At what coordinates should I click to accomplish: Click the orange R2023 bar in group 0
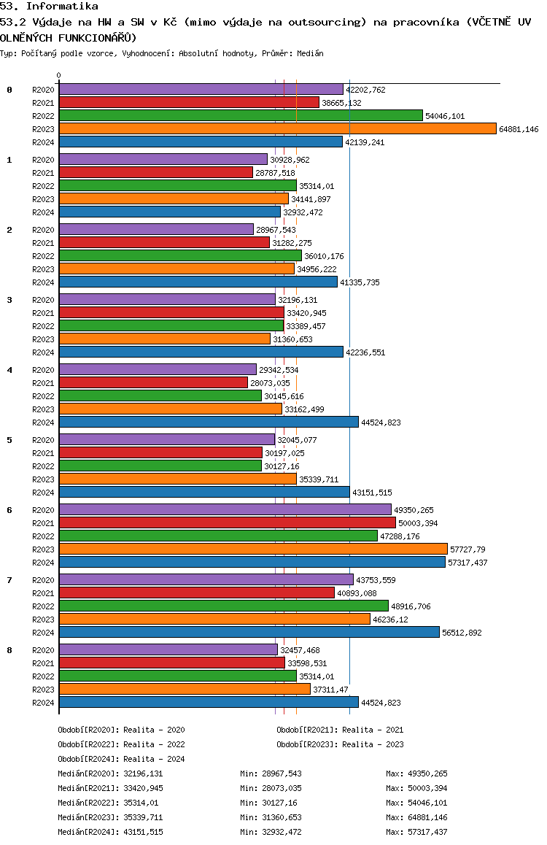tap(278, 129)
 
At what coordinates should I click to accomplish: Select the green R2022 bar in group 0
tap(241, 116)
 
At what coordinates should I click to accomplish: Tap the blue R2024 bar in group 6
tap(252, 563)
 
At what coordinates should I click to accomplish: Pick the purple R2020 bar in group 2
tap(156, 230)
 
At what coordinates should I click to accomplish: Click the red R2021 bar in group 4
tap(153, 382)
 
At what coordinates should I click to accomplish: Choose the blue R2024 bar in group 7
tap(249, 633)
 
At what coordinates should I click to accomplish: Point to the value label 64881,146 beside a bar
tap(519, 129)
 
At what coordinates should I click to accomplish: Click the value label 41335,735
tap(360, 282)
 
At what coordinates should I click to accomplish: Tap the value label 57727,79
tap(468, 549)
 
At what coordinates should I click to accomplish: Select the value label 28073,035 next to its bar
tap(271, 383)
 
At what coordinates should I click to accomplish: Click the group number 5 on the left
tap(9, 440)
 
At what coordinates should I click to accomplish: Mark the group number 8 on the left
tap(9, 650)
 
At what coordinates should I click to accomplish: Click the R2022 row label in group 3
tap(43, 326)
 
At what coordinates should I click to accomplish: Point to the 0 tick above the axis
tap(58, 75)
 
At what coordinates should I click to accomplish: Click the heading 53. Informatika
tap(49, 7)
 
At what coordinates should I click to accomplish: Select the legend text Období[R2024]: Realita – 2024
tap(121, 759)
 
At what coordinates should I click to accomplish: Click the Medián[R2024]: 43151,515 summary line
tap(110, 832)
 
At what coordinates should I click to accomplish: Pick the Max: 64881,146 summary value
tap(416, 817)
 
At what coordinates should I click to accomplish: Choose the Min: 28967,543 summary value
tap(271, 773)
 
